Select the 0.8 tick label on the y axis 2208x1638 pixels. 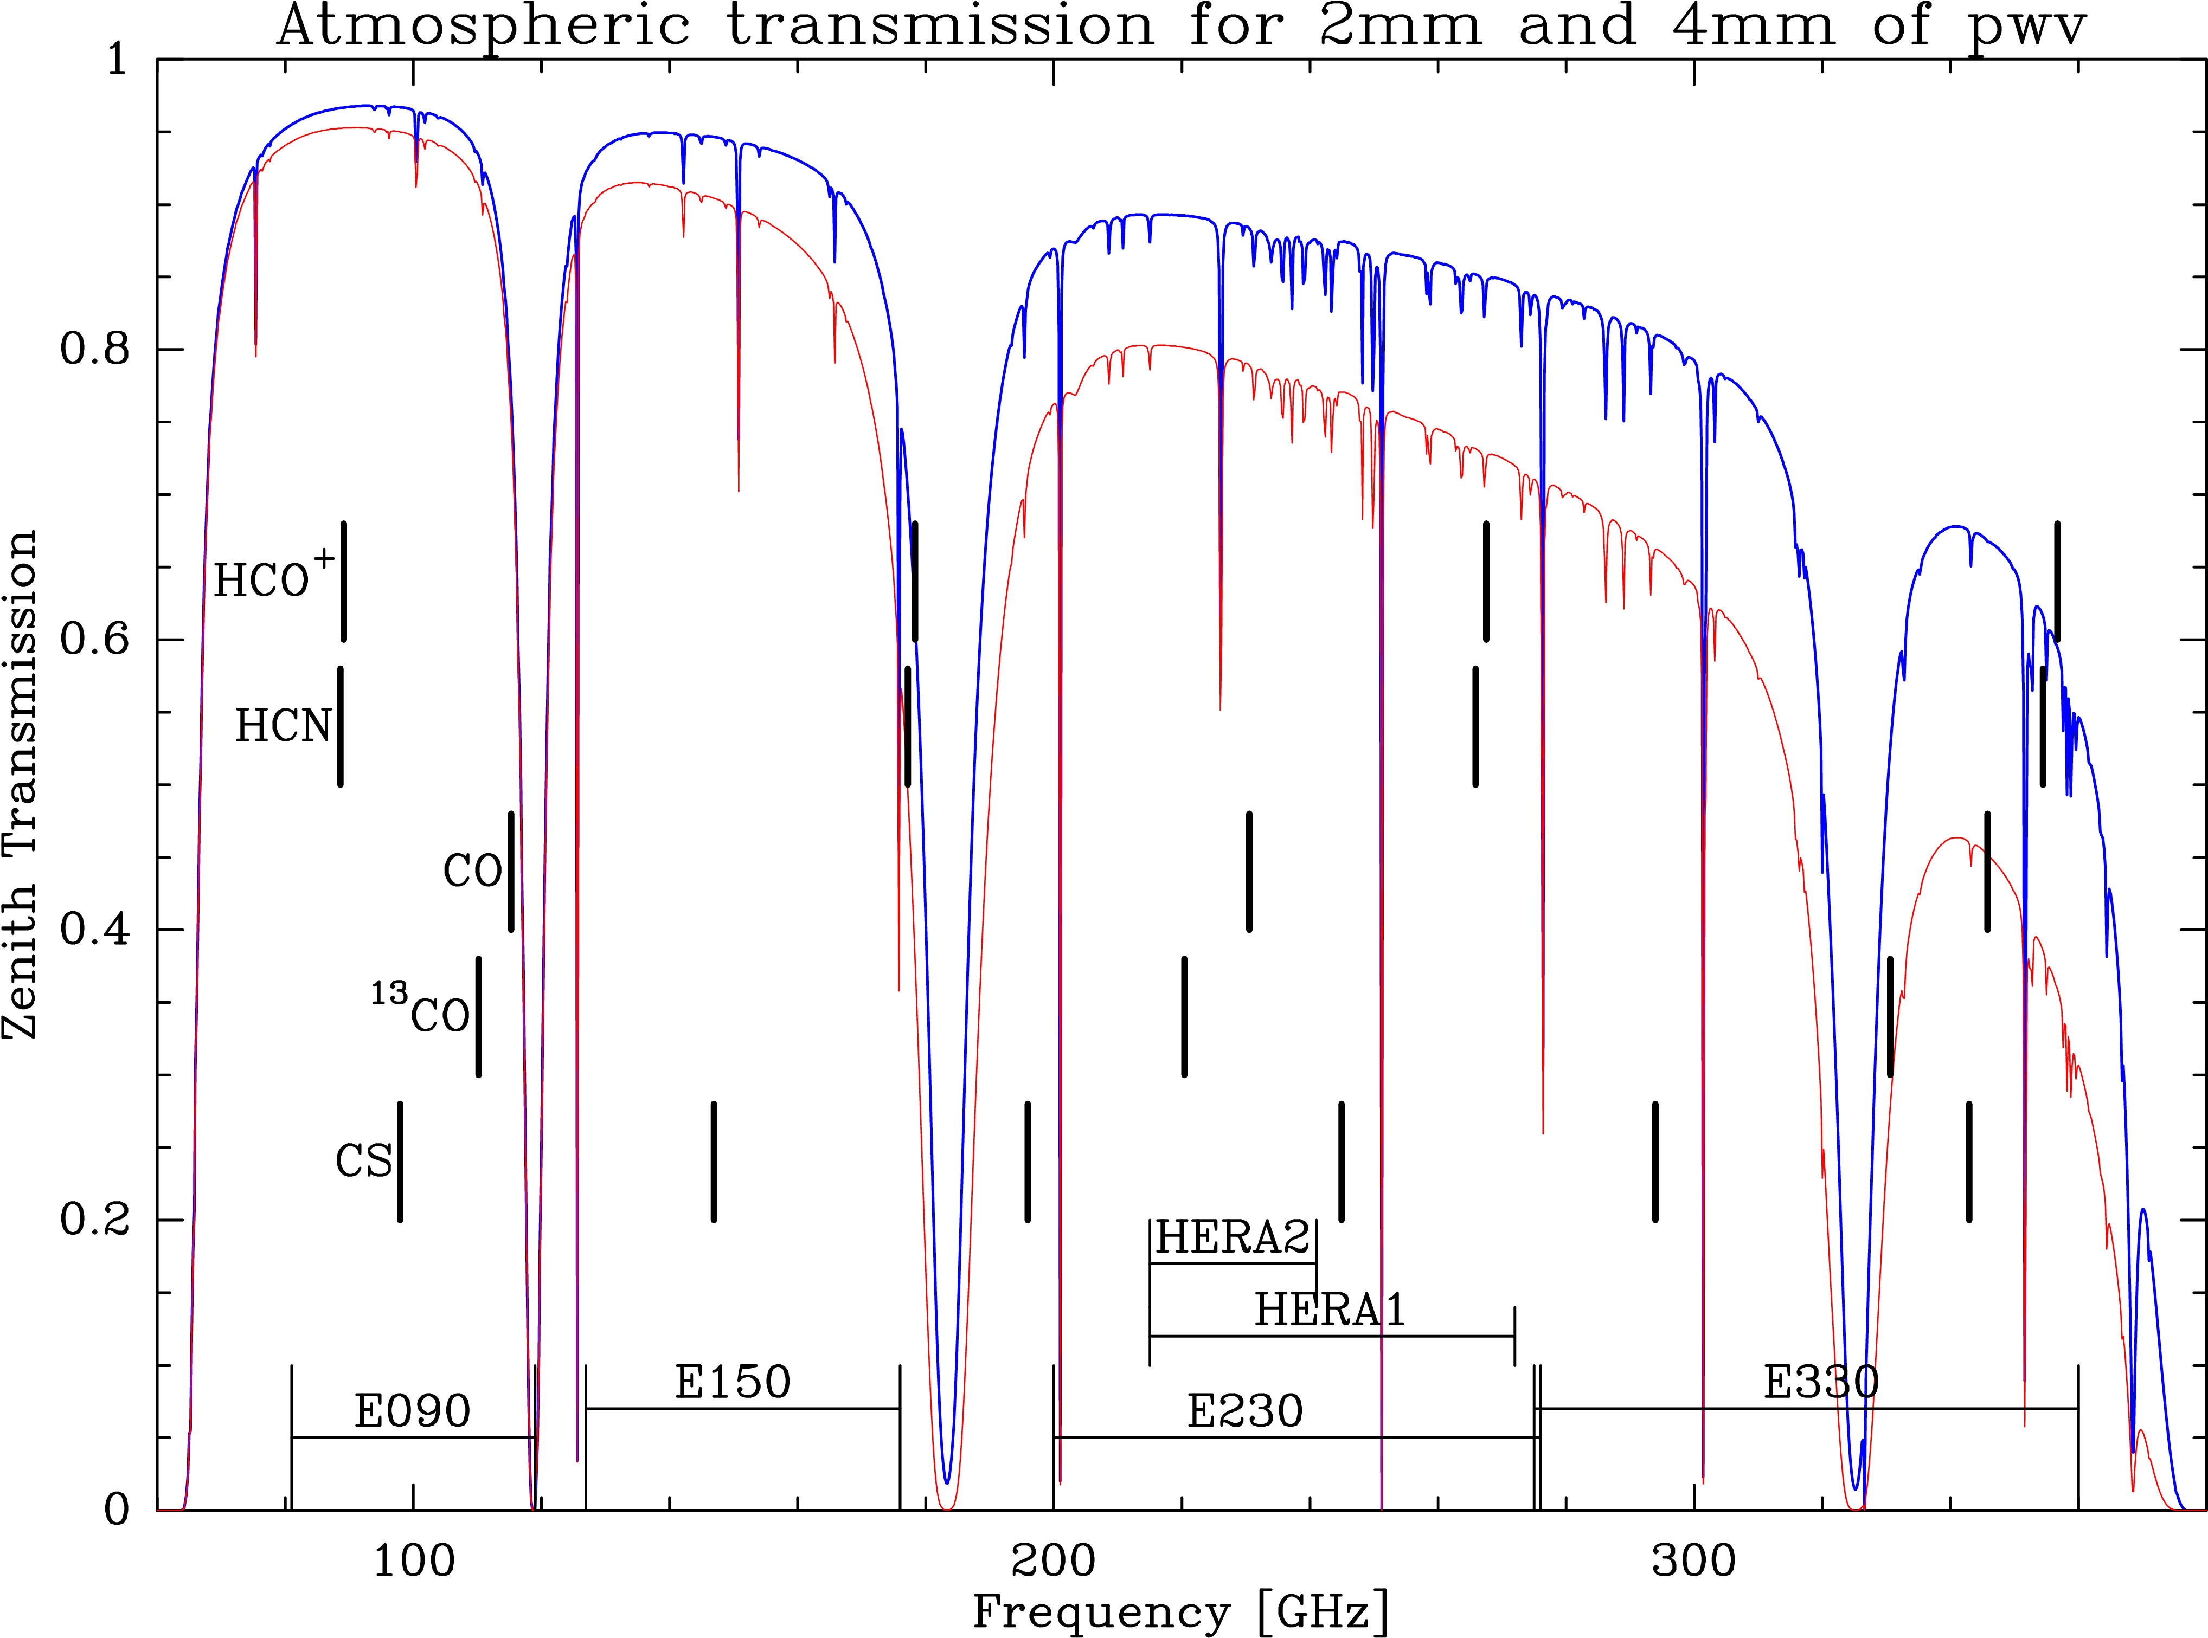click(x=94, y=349)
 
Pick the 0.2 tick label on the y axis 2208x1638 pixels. click(x=94, y=1218)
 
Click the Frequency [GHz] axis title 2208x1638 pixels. click(x=1180, y=1612)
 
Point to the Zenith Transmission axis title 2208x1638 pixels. click(x=20, y=783)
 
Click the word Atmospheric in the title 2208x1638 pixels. click(x=483, y=26)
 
